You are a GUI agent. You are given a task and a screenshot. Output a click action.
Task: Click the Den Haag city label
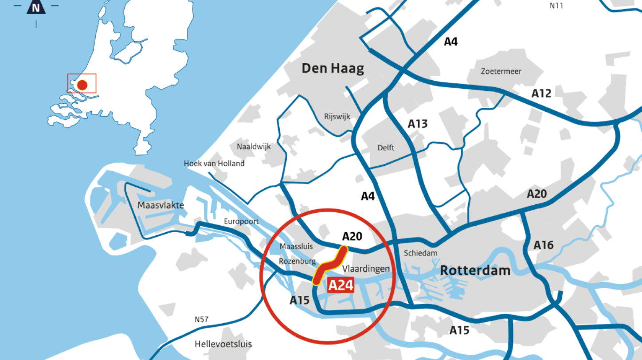tap(333, 68)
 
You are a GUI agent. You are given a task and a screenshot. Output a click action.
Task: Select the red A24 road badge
tap(341, 286)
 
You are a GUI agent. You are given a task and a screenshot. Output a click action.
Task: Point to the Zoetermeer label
tap(501, 71)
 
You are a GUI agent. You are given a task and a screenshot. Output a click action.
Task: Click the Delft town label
tap(386, 148)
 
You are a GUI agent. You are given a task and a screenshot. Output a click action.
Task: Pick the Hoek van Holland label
tap(214, 164)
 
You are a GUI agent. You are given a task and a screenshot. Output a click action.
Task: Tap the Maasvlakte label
tap(160, 205)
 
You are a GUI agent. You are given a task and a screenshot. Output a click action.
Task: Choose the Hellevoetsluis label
tap(223, 344)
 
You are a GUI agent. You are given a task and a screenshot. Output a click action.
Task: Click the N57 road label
tap(202, 319)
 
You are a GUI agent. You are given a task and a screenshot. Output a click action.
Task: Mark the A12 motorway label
tap(541, 94)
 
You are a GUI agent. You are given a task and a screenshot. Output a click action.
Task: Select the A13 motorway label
tap(418, 124)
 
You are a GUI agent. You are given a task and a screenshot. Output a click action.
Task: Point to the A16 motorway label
tap(544, 245)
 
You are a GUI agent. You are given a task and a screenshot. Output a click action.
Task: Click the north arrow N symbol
tap(36, 7)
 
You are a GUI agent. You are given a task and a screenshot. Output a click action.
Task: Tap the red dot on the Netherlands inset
tap(82, 85)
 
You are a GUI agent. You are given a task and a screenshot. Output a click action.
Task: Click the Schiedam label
tap(421, 253)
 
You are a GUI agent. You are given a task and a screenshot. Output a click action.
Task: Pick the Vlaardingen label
tap(366, 269)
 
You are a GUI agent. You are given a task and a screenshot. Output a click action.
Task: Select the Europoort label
tap(241, 222)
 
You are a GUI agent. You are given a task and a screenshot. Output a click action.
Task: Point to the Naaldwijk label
tap(254, 146)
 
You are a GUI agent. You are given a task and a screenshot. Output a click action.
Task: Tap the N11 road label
tap(556, 6)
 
